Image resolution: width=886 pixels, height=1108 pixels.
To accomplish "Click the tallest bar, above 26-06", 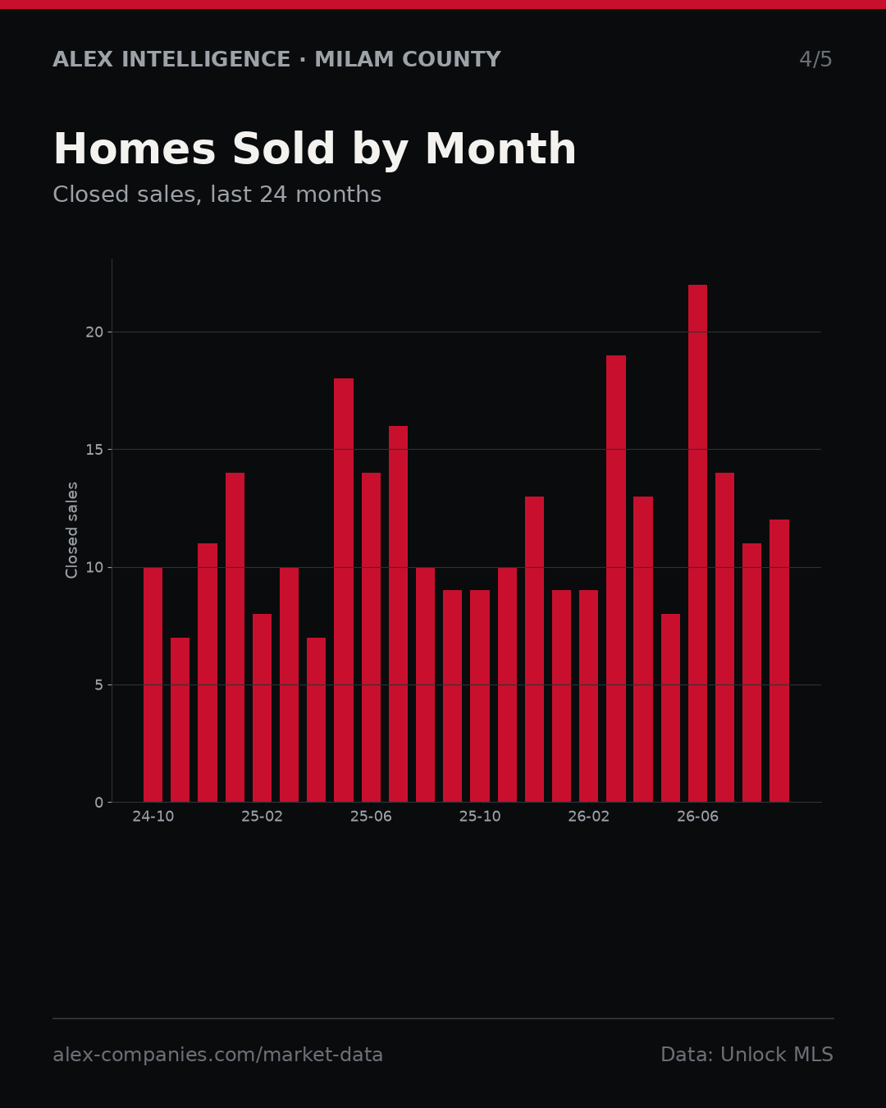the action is tap(697, 543).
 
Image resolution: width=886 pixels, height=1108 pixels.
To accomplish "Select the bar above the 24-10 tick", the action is tap(153, 684).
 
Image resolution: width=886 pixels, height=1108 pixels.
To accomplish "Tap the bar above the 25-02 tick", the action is tap(262, 708).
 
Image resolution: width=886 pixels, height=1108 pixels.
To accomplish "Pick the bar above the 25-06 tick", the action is tap(371, 638).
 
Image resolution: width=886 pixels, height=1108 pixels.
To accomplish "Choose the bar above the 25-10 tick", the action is tap(480, 696).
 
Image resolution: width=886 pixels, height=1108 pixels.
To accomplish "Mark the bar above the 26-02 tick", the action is tap(588, 696).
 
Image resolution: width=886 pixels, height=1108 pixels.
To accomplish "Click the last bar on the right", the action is tap(779, 661).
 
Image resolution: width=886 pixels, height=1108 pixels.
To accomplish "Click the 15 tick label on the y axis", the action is tap(94, 450).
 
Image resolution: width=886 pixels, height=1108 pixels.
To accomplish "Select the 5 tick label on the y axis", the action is tap(98, 684).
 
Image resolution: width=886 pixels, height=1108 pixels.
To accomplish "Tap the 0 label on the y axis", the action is tap(98, 803).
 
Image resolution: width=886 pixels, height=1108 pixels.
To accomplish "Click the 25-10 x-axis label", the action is tap(480, 817).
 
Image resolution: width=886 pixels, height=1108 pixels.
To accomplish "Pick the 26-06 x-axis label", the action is tap(697, 817).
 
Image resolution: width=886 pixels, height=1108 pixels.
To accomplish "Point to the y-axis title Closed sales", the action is tap(71, 530).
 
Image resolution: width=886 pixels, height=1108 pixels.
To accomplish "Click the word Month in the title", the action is tap(500, 149).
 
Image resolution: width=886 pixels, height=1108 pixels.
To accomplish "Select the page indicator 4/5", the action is tap(815, 59).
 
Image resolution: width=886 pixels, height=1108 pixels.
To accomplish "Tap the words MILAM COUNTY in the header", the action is tap(407, 59).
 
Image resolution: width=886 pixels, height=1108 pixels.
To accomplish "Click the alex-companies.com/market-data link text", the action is tap(217, 1055).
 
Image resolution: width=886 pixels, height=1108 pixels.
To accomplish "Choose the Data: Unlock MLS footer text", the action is tap(747, 1055).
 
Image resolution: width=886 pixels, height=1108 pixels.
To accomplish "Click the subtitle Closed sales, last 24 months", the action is tap(217, 195).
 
